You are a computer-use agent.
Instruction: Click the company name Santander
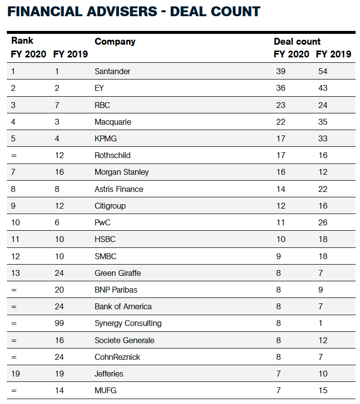point(112,71)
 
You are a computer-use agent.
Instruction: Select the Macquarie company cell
point(113,122)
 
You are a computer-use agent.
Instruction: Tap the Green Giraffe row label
point(118,273)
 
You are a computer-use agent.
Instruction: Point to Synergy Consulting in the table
point(128,323)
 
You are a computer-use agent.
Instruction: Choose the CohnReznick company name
point(117,357)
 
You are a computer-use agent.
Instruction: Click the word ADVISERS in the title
point(122,12)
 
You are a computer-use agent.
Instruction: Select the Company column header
point(115,42)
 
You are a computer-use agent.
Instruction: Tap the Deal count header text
point(297,41)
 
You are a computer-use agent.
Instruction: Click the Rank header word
point(22,40)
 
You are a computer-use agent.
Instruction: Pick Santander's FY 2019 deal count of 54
point(323,71)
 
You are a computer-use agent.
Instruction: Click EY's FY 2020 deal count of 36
point(280,88)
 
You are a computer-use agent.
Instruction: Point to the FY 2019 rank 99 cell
point(59,323)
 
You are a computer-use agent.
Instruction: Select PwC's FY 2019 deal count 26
point(323,222)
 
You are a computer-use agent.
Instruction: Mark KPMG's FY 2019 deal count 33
point(323,138)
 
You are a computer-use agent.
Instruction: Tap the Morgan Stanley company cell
point(122,172)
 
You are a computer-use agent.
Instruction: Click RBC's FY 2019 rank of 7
point(57,105)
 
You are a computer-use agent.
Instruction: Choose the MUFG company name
point(106,390)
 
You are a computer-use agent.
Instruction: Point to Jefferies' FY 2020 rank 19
point(15,374)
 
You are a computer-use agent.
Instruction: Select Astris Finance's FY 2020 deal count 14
point(280,189)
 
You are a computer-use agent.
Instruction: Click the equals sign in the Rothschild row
point(14,156)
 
